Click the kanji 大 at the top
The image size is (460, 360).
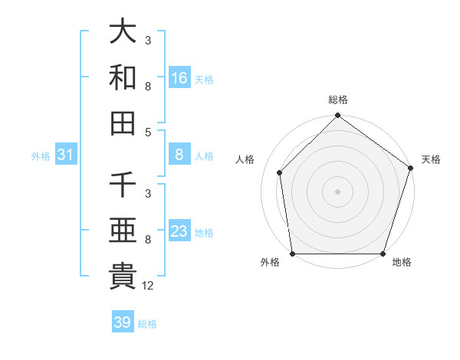point(123,33)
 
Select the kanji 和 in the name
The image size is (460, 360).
point(123,77)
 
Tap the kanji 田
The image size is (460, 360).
point(123,123)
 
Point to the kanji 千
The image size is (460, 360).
point(123,186)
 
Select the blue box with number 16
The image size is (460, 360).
point(179,78)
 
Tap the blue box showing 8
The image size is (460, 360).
point(179,155)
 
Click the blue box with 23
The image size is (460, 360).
point(179,231)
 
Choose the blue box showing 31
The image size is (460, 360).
point(66,155)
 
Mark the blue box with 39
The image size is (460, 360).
point(123,322)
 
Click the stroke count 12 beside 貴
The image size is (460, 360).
point(148,286)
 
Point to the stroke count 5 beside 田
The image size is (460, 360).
point(147,132)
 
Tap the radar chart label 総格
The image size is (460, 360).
point(337,100)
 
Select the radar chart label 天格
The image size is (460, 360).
point(431,159)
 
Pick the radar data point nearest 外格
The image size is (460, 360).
point(293,253)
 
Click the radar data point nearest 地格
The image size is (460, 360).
point(383,253)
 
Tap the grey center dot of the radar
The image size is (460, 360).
point(337,191)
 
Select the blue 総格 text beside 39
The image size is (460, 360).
point(148,323)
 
